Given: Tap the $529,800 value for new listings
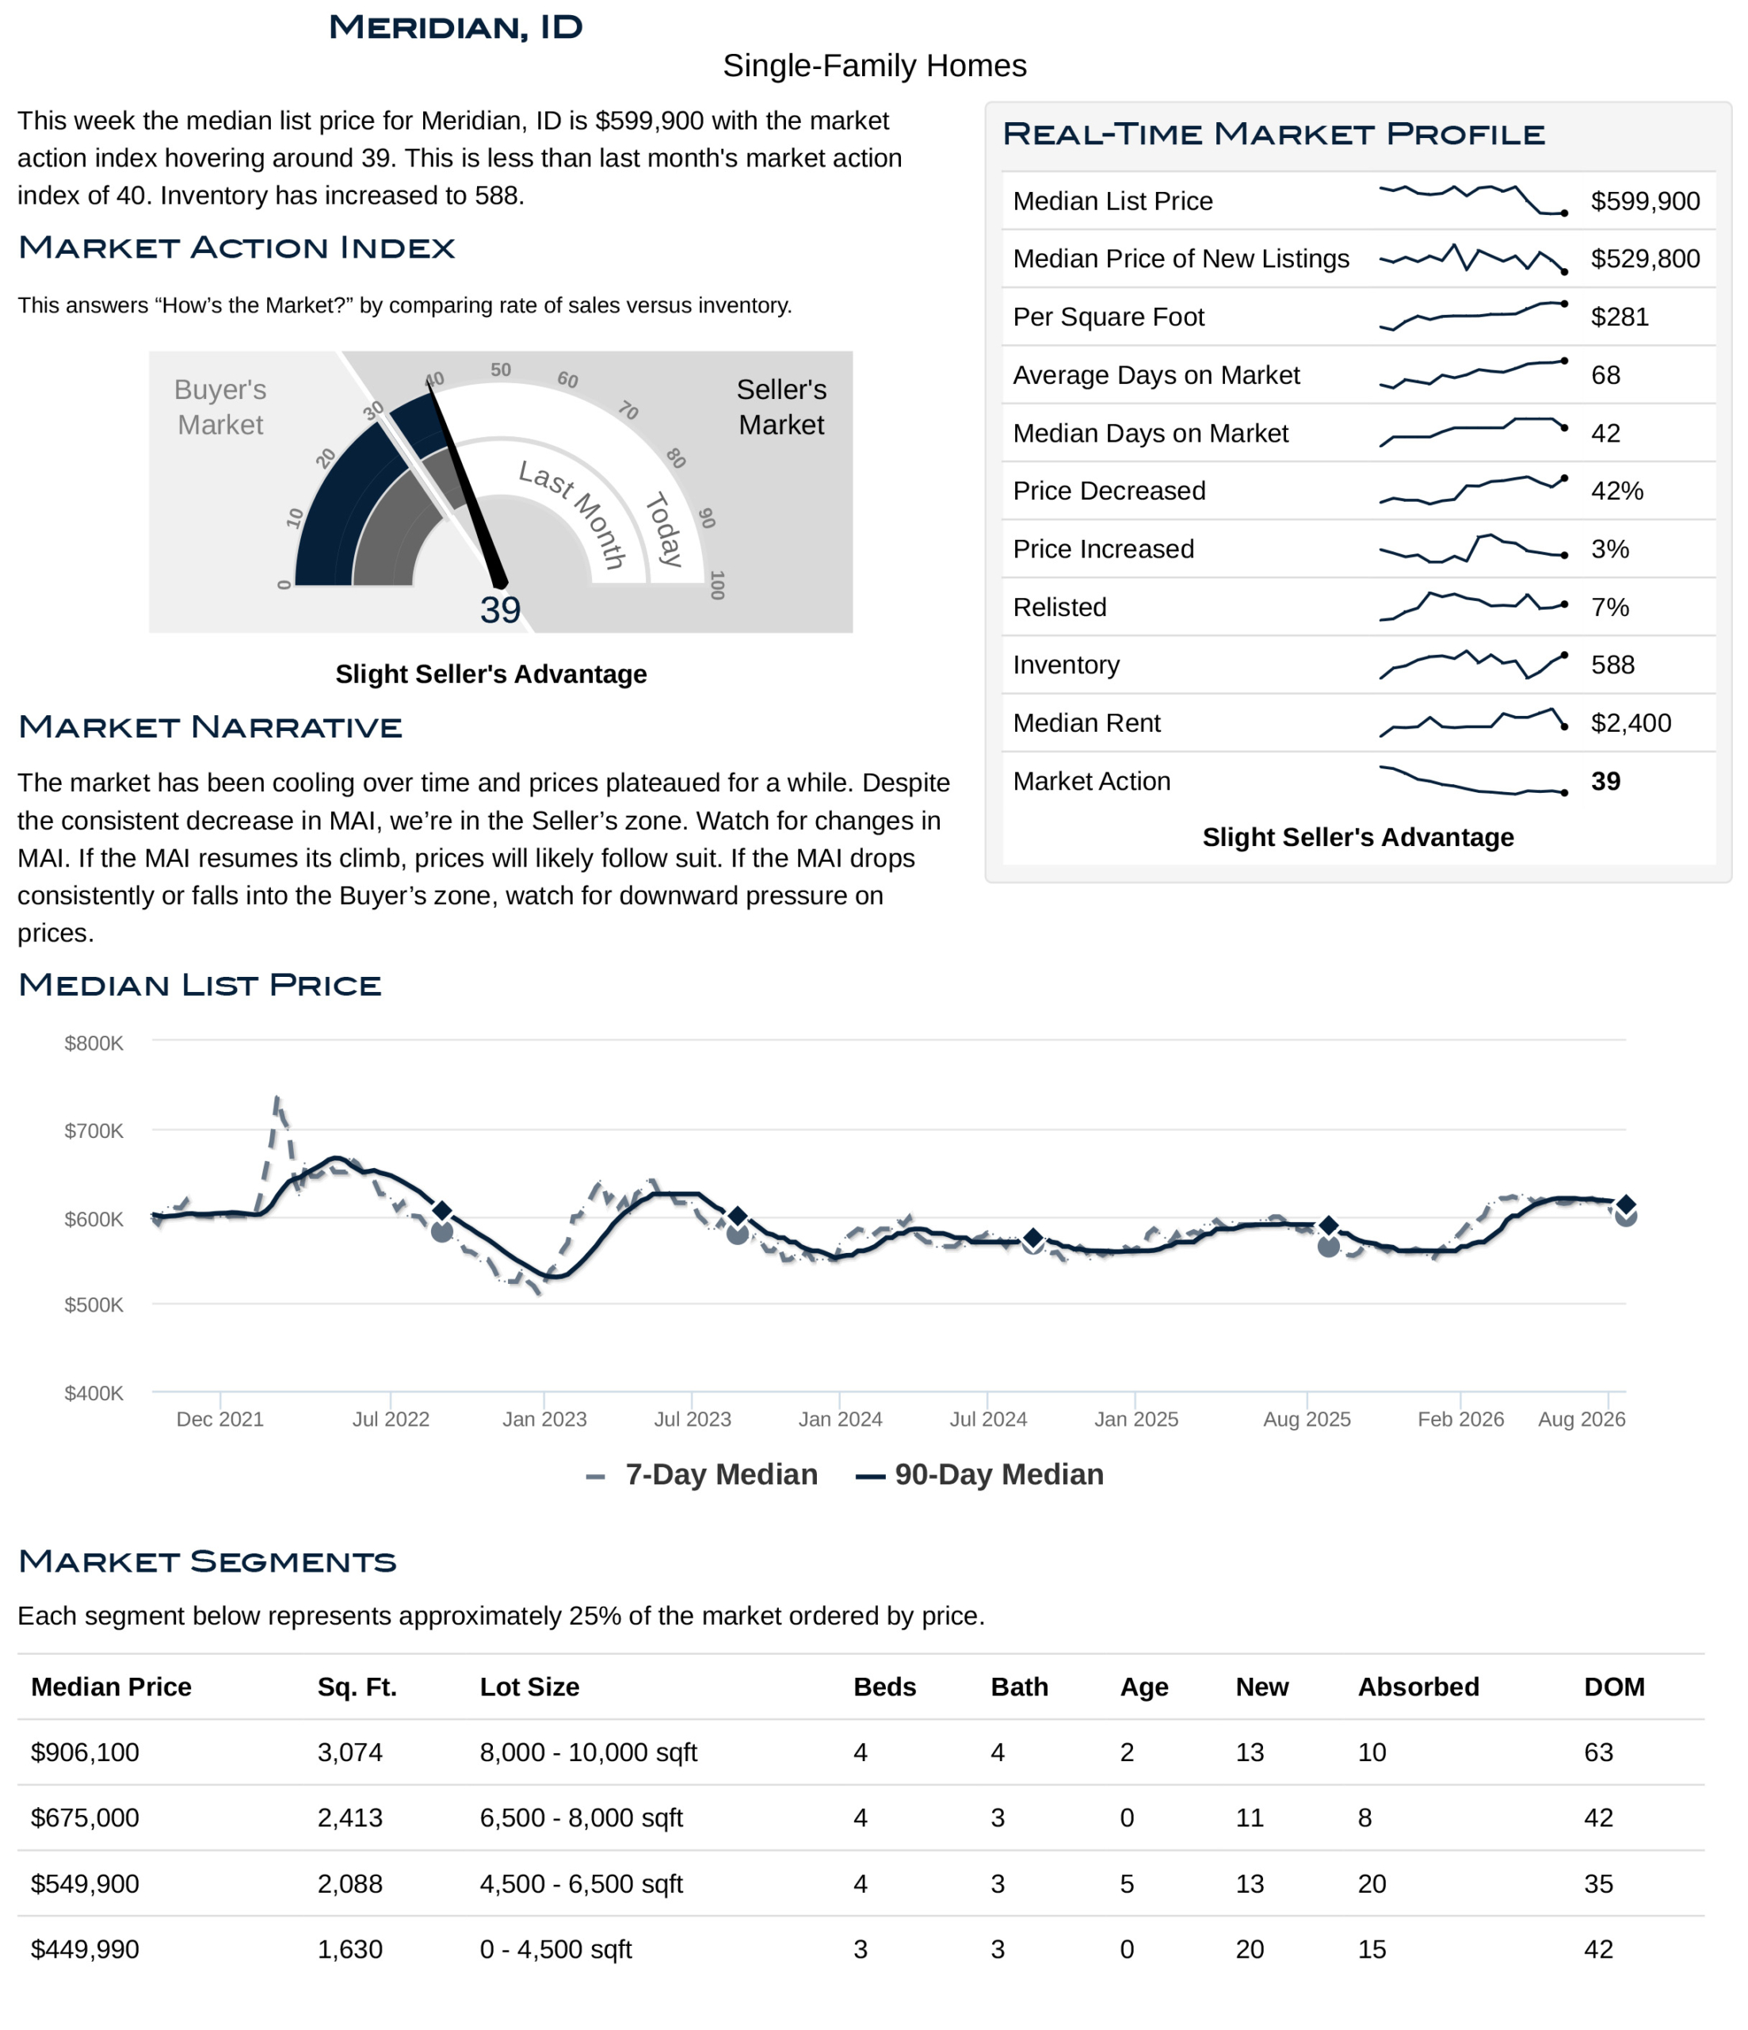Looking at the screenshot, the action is [1644, 259].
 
